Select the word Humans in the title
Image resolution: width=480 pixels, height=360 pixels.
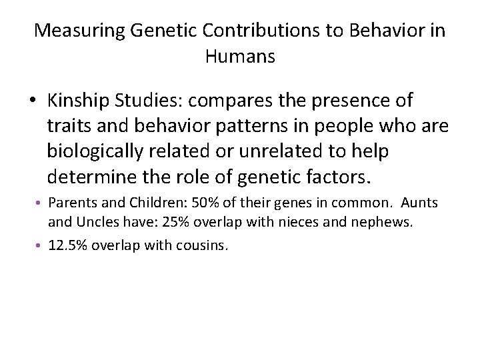(240, 57)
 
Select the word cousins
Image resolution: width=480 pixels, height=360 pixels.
(203, 245)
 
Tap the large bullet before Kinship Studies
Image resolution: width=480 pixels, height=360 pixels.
(33, 101)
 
